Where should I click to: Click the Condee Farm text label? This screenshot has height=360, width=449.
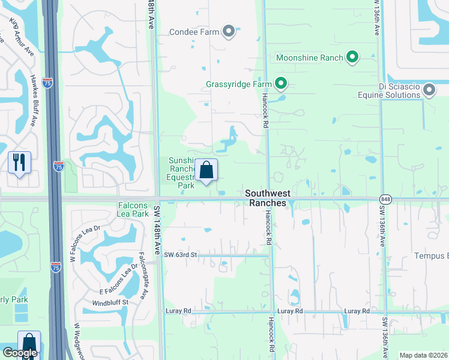click(x=194, y=32)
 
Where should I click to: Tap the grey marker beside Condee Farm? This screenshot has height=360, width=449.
click(x=228, y=31)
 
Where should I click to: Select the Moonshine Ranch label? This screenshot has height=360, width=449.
click(x=309, y=58)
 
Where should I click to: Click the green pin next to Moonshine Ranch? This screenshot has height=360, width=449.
click(x=352, y=58)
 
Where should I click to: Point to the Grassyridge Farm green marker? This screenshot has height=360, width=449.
click(x=280, y=84)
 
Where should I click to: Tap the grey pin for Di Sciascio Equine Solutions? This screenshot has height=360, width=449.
click(x=429, y=91)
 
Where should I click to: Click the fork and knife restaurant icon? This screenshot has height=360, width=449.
click(x=19, y=162)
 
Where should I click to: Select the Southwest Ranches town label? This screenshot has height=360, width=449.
click(x=277, y=198)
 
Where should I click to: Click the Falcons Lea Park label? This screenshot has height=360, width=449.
click(x=133, y=209)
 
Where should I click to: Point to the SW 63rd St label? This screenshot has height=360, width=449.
click(x=180, y=255)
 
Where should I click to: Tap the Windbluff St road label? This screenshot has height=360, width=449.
click(x=110, y=302)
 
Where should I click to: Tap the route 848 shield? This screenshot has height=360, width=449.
click(x=385, y=199)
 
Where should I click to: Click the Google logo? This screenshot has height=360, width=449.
click(x=20, y=353)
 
